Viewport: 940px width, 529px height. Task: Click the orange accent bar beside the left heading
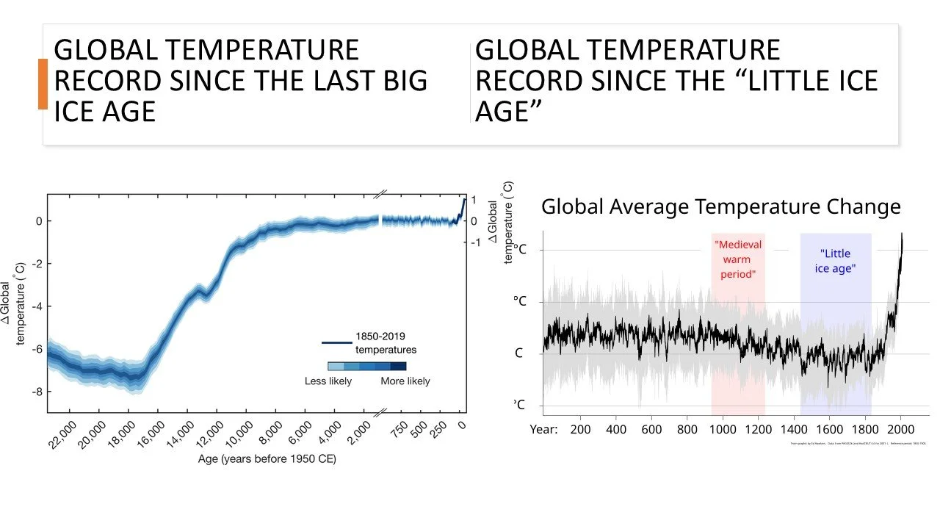(x=43, y=84)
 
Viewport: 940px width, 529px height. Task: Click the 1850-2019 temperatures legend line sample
(x=336, y=342)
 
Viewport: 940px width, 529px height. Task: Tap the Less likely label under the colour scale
(x=328, y=381)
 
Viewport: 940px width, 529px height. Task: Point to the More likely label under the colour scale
(x=405, y=381)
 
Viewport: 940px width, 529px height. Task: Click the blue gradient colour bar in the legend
(x=366, y=366)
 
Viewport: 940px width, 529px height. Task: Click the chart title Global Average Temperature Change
(x=720, y=207)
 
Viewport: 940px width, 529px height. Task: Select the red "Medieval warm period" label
(x=738, y=259)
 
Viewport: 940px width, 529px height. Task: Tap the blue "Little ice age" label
(x=835, y=261)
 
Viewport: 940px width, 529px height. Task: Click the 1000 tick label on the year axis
(x=723, y=430)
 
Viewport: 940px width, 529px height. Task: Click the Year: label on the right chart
(x=543, y=430)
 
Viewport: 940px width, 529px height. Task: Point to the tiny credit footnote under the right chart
(x=857, y=445)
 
